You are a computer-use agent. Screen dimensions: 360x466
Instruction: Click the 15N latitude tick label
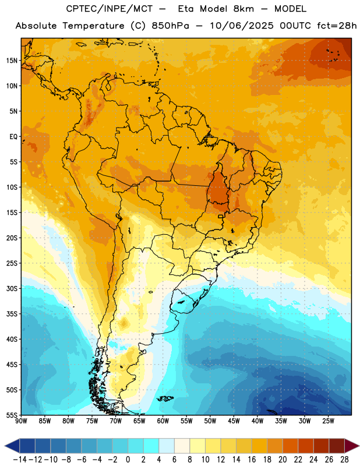tap(12, 61)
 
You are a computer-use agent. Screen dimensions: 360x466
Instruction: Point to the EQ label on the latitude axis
tap(13, 137)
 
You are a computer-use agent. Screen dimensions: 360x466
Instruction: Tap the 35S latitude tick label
tap(12, 314)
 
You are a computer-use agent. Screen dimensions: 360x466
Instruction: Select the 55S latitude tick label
tap(12, 415)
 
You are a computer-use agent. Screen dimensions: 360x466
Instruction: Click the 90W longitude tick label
tap(21, 421)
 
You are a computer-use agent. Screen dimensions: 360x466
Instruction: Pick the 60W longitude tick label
tap(163, 421)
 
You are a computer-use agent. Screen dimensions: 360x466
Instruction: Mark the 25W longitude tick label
tap(328, 421)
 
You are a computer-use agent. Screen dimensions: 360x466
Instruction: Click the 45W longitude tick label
tap(234, 421)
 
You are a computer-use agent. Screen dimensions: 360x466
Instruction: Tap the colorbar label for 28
tap(344, 460)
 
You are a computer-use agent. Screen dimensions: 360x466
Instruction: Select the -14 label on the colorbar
tap(20, 460)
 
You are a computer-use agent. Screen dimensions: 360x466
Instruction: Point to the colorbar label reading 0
tap(128, 460)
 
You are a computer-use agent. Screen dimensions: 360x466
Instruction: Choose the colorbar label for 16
tap(252, 460)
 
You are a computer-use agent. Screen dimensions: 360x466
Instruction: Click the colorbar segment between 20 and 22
tap(291, 446)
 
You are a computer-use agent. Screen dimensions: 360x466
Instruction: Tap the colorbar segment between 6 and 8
tap(182, 446)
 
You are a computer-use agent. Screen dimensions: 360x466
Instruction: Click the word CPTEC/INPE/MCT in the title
tap(110, 9)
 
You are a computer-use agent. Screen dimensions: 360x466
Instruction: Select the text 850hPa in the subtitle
tap(170, 26)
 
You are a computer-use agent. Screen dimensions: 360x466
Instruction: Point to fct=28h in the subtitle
tap(337, 26)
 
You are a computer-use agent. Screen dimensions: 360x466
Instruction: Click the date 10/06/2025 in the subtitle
tap(242, 26)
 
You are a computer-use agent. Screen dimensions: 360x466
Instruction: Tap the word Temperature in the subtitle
tap(93, 26)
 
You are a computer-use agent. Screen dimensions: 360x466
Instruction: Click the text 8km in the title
tap(243, 9)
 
